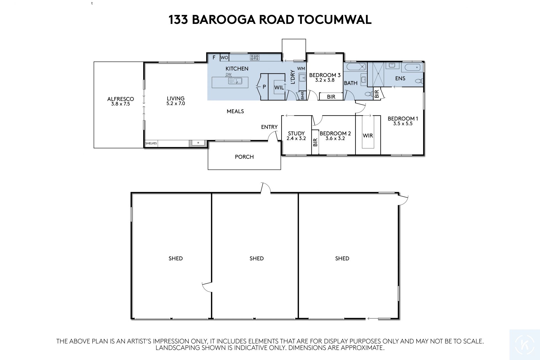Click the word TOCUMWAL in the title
(x=334, y=20)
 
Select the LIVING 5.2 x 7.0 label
(x=175, y=101)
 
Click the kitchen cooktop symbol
(x=255, y=57)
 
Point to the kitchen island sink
(x=235, y=81)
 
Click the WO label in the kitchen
(x=224, y=58)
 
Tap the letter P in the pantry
(x=264, y=87)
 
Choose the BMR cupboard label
(x=303, y=95)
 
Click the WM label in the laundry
(x=301, y=68)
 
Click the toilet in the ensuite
(x=419, y=81)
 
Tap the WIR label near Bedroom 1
(x=368, y=136)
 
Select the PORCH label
(x=244, y=157)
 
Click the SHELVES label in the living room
(x=151, y=143)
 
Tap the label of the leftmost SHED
(x=176, y=258)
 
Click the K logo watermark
(x=525, y=345)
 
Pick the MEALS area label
(x=235, y=111)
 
